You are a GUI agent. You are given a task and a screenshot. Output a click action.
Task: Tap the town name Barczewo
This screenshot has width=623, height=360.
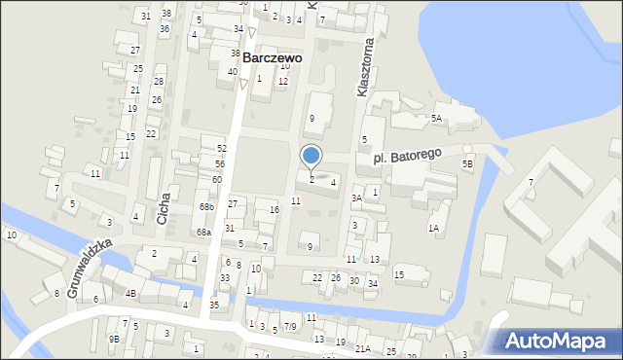coord(272,57)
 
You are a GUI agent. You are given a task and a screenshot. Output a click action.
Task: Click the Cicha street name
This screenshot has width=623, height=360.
coord(163,206)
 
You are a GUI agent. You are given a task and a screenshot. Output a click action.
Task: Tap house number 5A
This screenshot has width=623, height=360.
coord(437,118)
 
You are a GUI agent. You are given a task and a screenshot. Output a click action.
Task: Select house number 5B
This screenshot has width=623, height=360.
coord(467,164)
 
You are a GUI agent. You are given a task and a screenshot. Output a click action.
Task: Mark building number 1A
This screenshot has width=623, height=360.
coord(433,228)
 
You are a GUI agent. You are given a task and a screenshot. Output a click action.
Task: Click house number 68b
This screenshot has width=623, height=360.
coord(205,207)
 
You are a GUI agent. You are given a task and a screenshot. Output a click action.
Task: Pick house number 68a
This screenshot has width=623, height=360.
coord(202,233)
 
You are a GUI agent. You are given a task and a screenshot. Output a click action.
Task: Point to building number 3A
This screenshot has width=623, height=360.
coord(357,198)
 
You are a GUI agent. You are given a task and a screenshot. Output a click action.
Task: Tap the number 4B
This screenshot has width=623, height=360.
coord(130,293)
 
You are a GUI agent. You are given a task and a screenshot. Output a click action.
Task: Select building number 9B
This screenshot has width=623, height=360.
coord(114,339)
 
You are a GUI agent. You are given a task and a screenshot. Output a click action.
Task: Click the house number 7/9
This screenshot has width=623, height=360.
coord(290,327)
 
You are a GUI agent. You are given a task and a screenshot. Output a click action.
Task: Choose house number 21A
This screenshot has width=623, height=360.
coord(362,348)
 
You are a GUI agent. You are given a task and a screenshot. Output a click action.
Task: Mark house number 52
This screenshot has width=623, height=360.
coord(221,148)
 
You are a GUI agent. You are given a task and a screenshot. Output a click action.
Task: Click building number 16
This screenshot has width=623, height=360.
coord(275,210)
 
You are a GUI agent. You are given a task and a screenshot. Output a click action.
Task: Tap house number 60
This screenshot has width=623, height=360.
coord(216,180)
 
